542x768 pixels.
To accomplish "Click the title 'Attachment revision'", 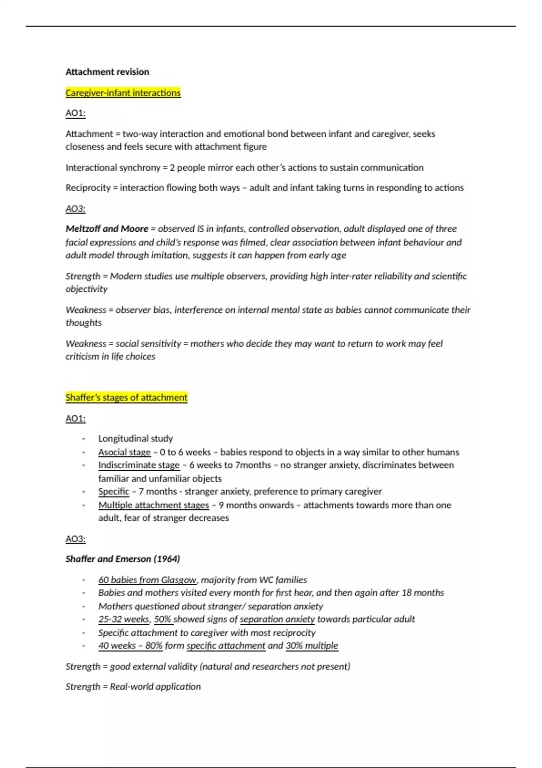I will point(107,72).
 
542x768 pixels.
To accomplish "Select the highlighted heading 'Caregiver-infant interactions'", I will point(123,93).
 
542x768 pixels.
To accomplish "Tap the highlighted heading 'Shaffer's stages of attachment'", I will point(126,398).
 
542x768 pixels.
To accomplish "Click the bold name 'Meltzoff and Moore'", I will point(107,229).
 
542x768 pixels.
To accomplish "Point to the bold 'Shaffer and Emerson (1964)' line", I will point(122,559).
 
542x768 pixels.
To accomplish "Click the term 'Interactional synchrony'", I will point(113,168).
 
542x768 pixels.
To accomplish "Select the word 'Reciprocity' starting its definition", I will point(88,188).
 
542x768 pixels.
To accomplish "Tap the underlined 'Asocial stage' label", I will point(124,452).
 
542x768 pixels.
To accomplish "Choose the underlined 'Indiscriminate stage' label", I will point(139,465).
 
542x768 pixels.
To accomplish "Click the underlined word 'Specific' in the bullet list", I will point(113,492).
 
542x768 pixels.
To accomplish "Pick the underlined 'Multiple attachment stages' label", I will point(154,505).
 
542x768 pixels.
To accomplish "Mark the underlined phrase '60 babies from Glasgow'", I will point(147,580).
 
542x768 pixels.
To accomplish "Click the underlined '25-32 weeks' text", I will point(123,619).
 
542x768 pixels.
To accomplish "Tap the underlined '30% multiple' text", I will point(312,646).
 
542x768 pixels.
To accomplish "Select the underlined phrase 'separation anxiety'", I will point(277,619).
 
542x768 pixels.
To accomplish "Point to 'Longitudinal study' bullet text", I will point(135,439).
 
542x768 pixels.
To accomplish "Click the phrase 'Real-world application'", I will point(155,687).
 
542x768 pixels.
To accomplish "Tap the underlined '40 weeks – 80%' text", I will point(130,646).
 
